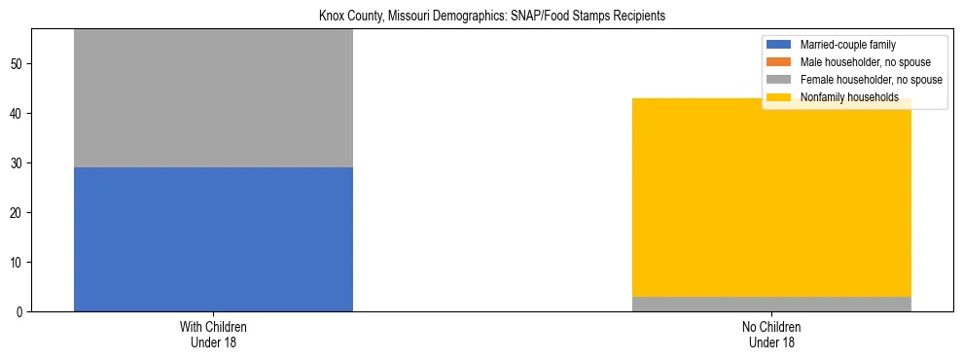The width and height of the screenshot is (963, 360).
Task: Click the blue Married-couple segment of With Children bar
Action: (x=213, y=239)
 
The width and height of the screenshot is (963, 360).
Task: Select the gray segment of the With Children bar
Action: (x=213, y=97)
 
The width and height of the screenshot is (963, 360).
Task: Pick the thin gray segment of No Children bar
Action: (x=771, y=304)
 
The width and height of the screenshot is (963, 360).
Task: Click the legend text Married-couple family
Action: (x=847, y=45)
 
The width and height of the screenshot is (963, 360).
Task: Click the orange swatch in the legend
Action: (x=779, y=62)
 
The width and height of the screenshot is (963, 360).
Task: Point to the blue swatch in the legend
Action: (x=779, y=45)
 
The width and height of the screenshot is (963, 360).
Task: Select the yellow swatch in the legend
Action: (x=779, y=97)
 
